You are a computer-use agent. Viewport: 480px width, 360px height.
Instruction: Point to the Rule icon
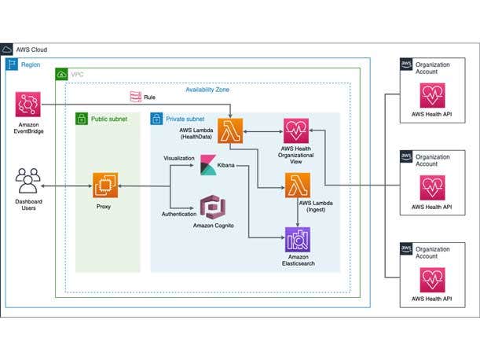click(134, 96)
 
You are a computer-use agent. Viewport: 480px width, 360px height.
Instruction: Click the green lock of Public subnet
click(81, 119)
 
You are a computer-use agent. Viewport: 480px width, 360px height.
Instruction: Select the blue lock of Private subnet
click(156, 119)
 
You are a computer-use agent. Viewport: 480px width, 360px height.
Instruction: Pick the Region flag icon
click(13, 64)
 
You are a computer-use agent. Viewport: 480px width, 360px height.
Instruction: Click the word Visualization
click(178, 158)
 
